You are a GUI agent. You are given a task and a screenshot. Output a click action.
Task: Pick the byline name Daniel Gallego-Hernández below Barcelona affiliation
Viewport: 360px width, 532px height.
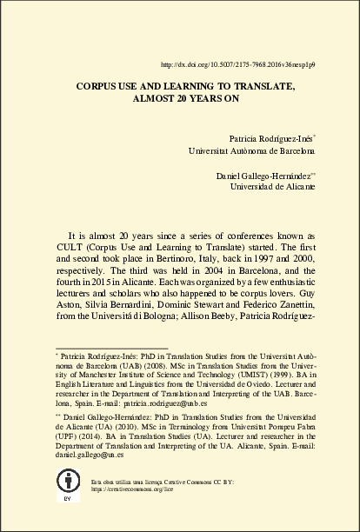[263, 176]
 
